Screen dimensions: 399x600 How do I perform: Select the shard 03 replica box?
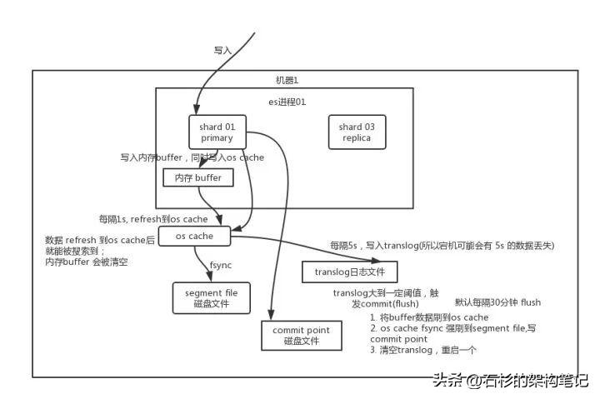click(356, 132)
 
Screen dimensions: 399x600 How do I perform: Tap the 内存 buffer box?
click(198, 178)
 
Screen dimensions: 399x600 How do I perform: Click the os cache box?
click(194, 237)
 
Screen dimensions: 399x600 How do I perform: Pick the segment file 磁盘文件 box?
click(212, 297)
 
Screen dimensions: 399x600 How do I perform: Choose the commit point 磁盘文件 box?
click(301, 336)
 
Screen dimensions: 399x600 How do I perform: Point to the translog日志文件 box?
click(349, 271)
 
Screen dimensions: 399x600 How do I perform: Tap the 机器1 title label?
click(287, 80)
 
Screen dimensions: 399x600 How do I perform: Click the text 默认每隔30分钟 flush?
click(497, 302)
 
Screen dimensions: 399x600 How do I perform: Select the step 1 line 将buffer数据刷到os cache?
click(430, 317)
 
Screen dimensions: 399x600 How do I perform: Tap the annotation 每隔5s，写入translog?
click(442, 247)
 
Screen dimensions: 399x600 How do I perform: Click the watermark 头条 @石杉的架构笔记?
click(508, 380)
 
